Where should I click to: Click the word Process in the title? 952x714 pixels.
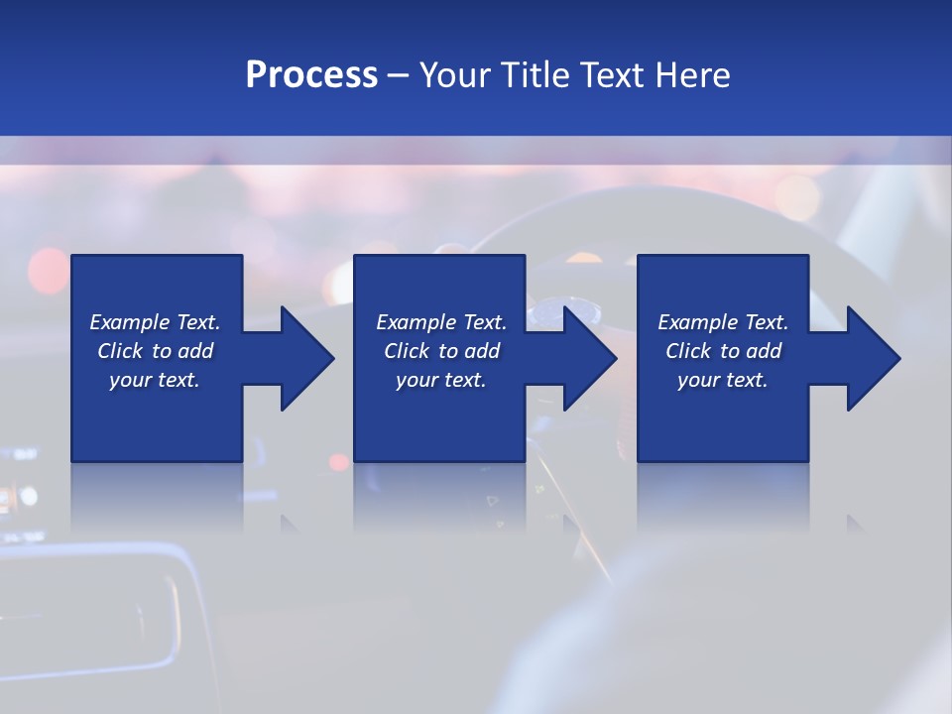pyautogui.click(x=311, y=75)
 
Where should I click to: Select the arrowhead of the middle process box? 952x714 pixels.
pyautogui.click(x=589, y=358)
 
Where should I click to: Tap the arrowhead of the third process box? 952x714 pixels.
pyautogui.click(x=872, y=358)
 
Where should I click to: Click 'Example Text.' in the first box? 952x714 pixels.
pyautogui.click(x=155, y=322)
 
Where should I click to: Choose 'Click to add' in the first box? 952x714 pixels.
pyautogui.click(x=155, y=351)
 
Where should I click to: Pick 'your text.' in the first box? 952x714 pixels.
pyautogui.click(x=155, y=380)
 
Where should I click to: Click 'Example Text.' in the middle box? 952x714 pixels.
pyautogui.click(x=441, y=322)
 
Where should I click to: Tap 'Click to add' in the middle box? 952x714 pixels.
pyautogui.click(x=441, y=351)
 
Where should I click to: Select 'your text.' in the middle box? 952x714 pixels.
pyautogui.click(x=441, y=380)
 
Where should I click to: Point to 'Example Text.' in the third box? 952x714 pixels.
pyautogui.click(x=723, y=322)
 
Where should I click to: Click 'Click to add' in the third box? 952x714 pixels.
pyautogui.click(x=723, y=351)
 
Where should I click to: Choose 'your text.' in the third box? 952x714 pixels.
pyautogui.click(x=723, y=380)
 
